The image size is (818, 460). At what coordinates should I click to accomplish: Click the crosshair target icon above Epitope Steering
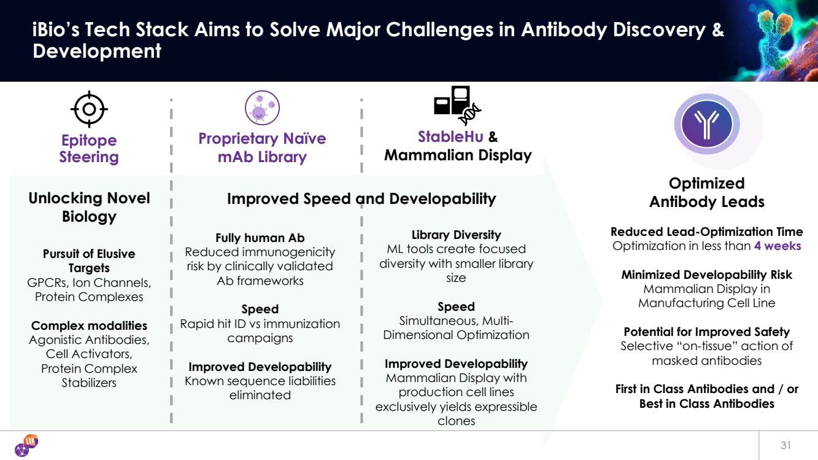pyautogui.click(x=89, y=109)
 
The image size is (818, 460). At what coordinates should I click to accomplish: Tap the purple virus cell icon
pyautogui.click(x=262, y=108)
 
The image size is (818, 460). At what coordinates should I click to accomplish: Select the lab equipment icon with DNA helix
pyautogui.click(x=457, y=106)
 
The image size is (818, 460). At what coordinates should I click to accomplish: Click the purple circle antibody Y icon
pyautogui.click(x=707, y=125)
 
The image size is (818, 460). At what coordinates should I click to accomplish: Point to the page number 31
pyautogui.click(x=786, y=445)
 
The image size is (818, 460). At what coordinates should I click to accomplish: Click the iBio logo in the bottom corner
pyautogui.click(x=26, y=445)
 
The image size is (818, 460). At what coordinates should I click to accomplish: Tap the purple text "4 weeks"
pyautogui.click(x=777, y=246)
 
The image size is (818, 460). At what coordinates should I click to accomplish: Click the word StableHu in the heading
pyautogui.click(x=450, y=136)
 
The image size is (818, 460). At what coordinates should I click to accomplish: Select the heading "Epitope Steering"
pyautogui.click(x=89, y=149)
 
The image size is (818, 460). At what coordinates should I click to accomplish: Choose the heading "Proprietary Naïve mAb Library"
pyautogui.click(x=262, y=147)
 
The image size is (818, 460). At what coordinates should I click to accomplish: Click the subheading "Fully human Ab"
pyautogui.click(x=260, y=238)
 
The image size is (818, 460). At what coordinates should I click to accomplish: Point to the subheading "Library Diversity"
pyautogui.click(x=456, y=235)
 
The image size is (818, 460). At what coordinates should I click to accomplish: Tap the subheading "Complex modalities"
pyautogui.click(x=89, y=325)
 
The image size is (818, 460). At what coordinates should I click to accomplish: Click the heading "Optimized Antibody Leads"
pyautogui.click(x=707, y=193)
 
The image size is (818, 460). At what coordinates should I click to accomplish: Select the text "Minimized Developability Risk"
pyautogui.click(x=707, y=275)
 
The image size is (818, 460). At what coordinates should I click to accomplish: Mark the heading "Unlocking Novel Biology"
pyautogui.click(x=89, y=207)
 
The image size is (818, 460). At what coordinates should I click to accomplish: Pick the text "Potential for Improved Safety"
pyautogui.click(x=707, y=332)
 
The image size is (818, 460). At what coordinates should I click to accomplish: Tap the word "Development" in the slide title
pyautogui.click(x=97, y=51)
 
